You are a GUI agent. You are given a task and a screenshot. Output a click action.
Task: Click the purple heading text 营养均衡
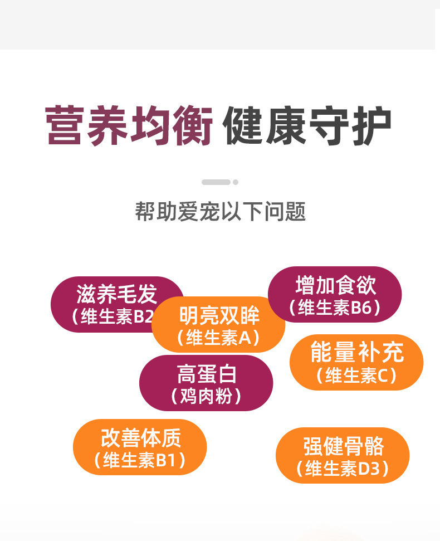tap(129, 126)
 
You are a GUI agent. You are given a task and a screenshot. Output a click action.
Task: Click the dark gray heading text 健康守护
tap(307, 126)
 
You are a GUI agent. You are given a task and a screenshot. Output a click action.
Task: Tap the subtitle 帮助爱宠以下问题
tap(220, 212)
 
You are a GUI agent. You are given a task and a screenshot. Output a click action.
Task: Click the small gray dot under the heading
tap(236, 182)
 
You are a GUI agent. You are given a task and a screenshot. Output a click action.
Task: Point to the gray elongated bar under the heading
tap(216, 182)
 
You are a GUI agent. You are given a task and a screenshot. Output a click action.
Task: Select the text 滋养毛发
tap(117, 294)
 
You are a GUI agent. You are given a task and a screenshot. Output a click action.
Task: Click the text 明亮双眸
tap(219, 316)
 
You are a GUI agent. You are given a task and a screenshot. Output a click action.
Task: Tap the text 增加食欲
tap(335, 286)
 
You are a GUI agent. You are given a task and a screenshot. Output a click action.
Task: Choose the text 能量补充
tap(356, 353)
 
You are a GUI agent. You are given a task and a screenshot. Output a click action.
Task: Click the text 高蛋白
tap(206, 374)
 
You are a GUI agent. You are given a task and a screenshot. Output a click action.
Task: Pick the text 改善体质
tap(140, 438)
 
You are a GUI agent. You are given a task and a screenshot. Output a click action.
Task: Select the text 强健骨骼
tap(343, 447)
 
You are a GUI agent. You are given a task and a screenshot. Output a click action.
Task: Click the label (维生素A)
tap(218, 338)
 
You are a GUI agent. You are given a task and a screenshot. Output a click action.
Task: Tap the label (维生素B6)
tap(335, 308)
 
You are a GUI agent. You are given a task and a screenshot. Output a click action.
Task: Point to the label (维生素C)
tap(356, 376)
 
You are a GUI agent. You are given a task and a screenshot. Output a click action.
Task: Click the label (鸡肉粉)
tap(206, 396)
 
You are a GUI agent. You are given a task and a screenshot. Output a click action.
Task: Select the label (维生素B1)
tap(140, 461)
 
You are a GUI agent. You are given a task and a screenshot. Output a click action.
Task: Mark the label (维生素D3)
tap(343, 469)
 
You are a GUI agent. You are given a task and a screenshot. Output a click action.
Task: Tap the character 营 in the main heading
tap(65, 126)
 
